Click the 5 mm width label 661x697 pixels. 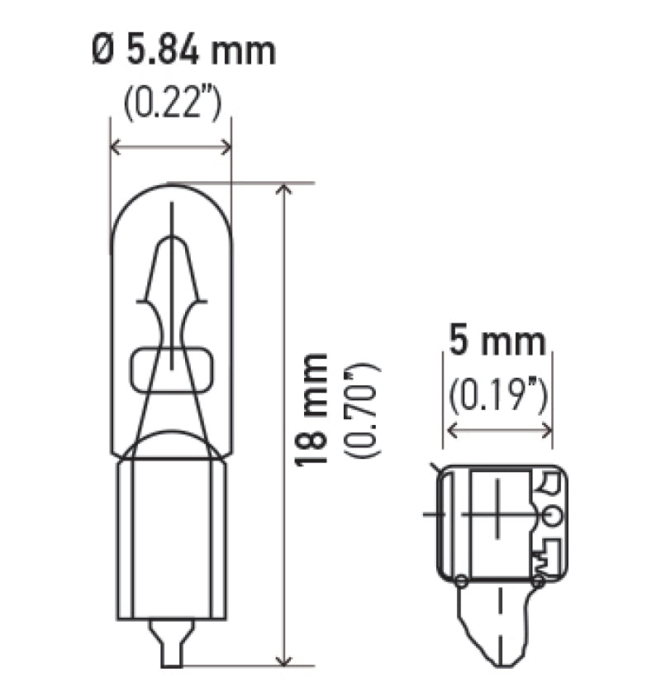click(x=497, y=341)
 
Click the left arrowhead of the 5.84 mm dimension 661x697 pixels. click(x=116, y=147)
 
